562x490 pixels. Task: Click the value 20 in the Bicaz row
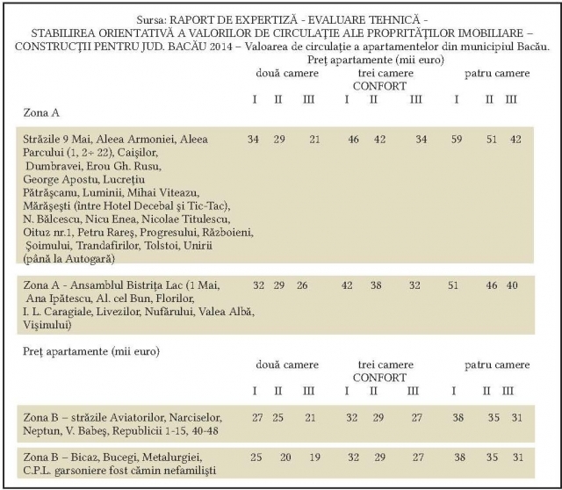pyautogui.click(x=286, y=458)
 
